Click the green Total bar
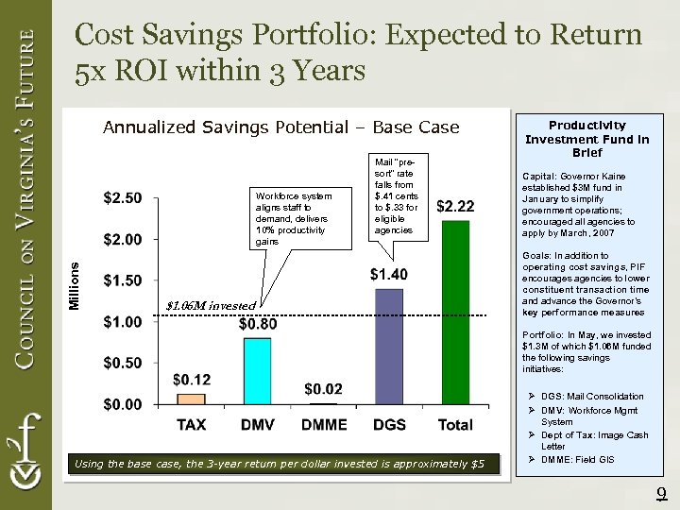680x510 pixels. (456, 312)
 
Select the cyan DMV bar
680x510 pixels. (257, 370)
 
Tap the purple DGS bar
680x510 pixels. (389, 346)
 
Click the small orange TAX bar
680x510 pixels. (191, 399)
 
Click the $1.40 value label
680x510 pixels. (389, 274)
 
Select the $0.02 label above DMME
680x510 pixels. (323, 388)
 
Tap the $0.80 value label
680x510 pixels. (257, 324)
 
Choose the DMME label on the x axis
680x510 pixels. (323, 425)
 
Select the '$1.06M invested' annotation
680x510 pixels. (210, 305)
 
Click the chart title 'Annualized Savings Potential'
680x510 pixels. (280, 127)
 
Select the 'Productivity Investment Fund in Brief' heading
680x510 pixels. (586, 138)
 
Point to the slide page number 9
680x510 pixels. (662, 492)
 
